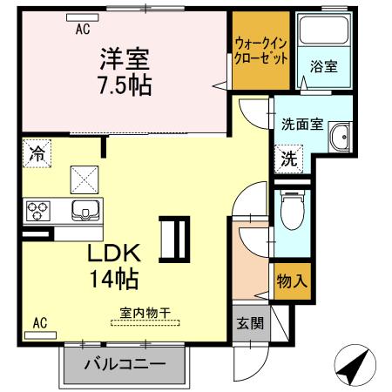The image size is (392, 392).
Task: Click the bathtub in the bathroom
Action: point(318,35)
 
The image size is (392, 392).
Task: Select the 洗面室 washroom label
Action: point(302,124)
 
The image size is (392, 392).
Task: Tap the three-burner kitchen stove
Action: point(38,210)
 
